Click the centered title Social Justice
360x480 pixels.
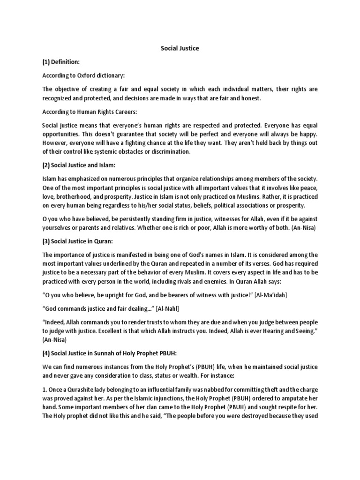click(x=180, y=48)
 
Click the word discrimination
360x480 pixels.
click(x=167, y=151)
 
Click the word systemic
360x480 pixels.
click(x=107, y=151)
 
